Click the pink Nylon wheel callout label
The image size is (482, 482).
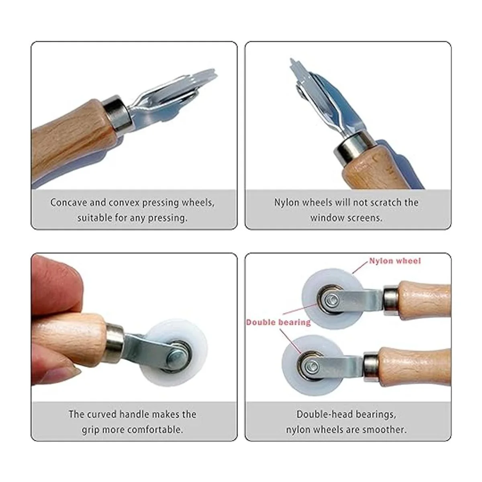coord(395,261)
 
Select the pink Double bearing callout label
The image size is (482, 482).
coord(278,322)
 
